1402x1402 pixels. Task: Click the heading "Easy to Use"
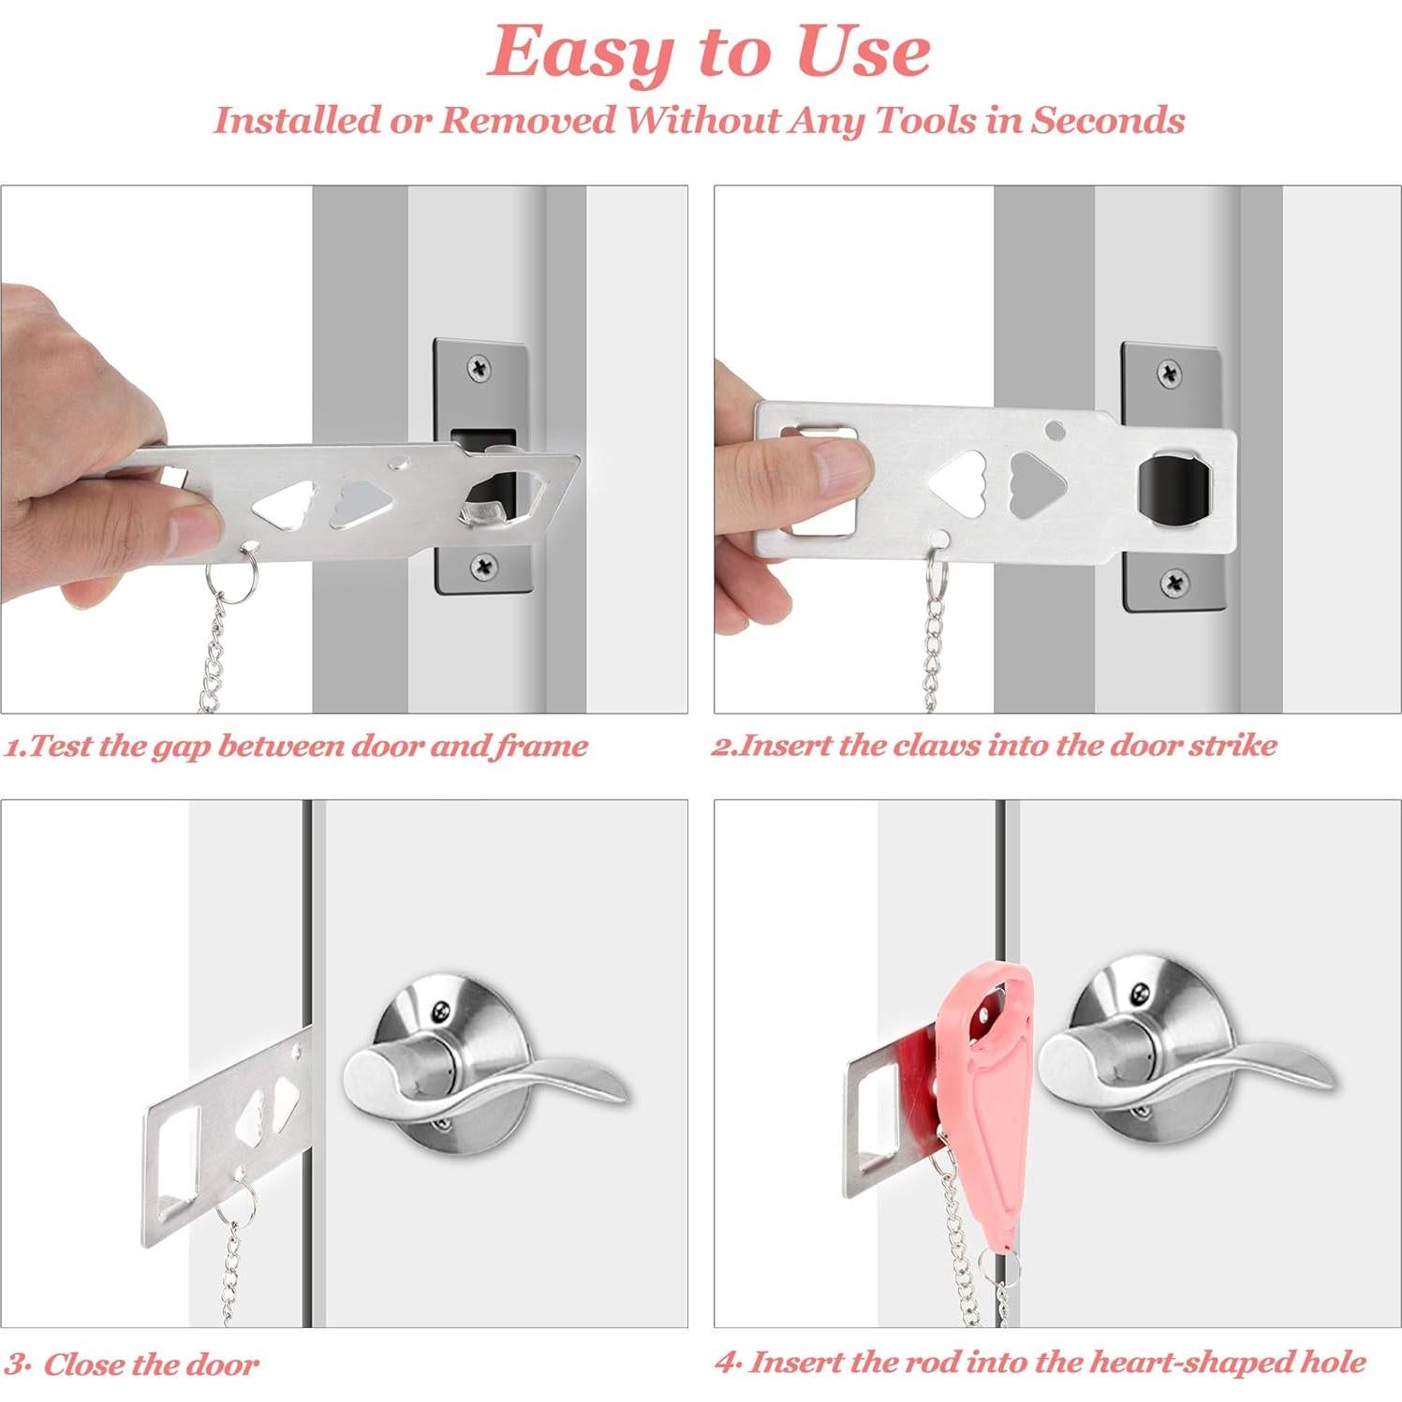click(x=709, y=52)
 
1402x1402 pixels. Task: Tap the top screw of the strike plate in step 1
click(x=482, y=368)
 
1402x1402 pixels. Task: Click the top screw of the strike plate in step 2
click(x=1170, y=373)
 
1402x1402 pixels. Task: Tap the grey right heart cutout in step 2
click(x=1037, y=483)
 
